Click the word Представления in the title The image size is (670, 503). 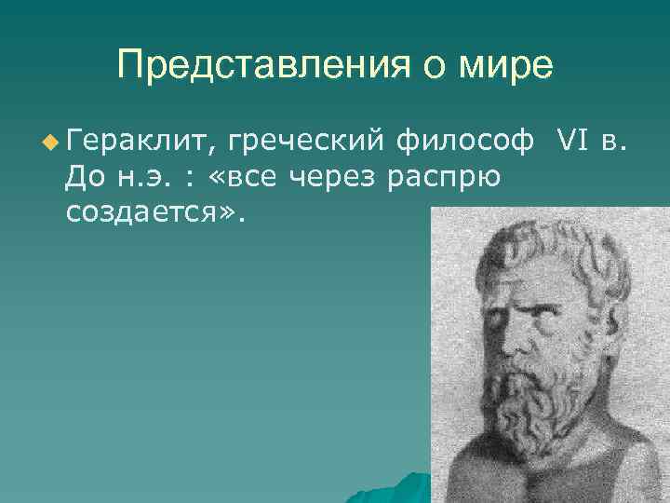(252, 65)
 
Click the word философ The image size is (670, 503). (464, 141)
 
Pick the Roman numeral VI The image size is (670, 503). (569, 141)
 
